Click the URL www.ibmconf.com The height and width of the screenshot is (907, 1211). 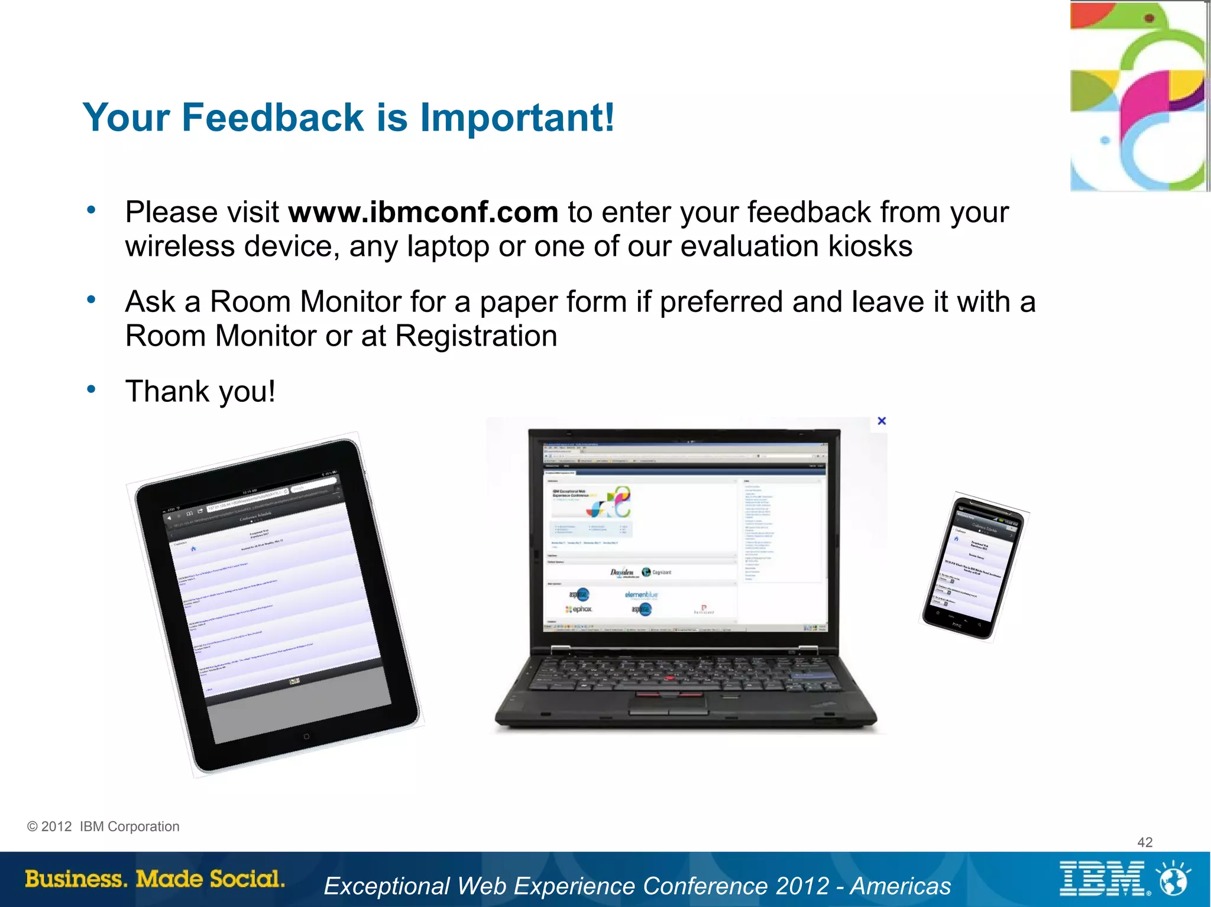click(x=423, y=213)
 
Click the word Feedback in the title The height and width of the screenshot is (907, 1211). click(x=273, y=117)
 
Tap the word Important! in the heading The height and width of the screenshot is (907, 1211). click(x=517, y=117)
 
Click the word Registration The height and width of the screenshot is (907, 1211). click(x=476, y=336)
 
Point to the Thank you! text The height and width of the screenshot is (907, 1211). click(x=200, y=391)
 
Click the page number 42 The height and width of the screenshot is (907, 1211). click(x=1145, y=842)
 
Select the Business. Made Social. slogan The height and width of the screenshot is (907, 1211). click(x=155, y=879)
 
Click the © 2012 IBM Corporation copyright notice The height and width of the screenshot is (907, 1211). click(x=103, y=827)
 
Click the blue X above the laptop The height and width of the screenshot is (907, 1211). click(x=882, y=421)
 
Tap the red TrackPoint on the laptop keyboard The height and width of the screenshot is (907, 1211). click(x=669, y=678)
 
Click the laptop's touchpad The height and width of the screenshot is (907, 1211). click(x=669, y=703)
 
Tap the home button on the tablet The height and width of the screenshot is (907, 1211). click(x=306, y=736)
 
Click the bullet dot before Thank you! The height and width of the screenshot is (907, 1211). click(x=91, y=389)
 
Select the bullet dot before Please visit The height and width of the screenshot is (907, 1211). click(x=91, y=210)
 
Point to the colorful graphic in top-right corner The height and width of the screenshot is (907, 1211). click(x=1139, y=96)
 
